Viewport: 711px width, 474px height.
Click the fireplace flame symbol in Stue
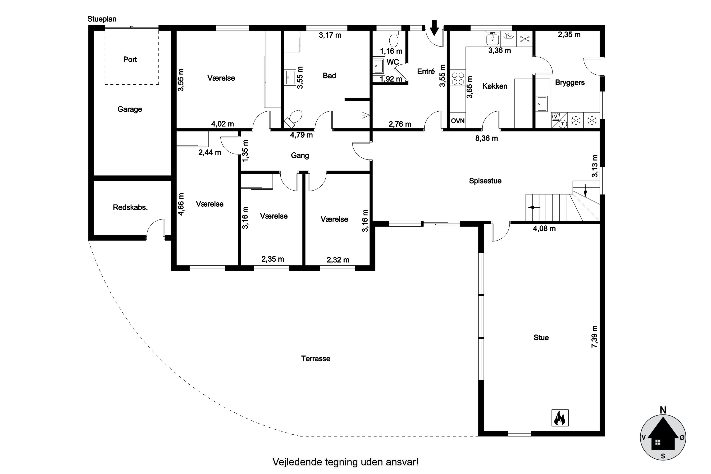point(560,418)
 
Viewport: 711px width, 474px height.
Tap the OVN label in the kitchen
point(457,121)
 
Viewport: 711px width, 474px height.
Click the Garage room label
point(130,109)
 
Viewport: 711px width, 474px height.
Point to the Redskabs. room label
point(130,207)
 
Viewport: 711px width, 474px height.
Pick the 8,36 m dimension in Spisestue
point(486,138)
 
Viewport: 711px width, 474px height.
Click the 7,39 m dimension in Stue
point(594,337)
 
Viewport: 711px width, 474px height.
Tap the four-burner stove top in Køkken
point(457,78)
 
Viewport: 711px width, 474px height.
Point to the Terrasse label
point(316,359)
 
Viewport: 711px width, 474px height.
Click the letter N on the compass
point(663,410)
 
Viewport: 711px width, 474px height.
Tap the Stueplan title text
point(102,19)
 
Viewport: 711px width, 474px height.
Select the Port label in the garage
point(130,59)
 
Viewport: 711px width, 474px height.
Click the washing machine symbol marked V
point(556,116)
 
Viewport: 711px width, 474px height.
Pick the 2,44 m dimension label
point(210,152)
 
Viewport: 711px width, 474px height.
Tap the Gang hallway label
point(300,155)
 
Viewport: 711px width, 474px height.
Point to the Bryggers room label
point(570,82)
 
